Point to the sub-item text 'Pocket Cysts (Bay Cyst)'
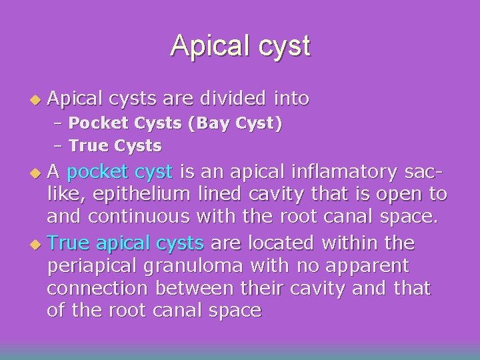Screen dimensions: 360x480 click(175, 123)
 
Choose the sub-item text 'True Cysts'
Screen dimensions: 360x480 click(115, 145)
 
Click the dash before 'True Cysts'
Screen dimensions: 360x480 click(59, 145)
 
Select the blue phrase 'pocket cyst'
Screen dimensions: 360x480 click(120, 172)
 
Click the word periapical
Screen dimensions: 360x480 click(89, 266)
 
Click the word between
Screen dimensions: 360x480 click(199, 289)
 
